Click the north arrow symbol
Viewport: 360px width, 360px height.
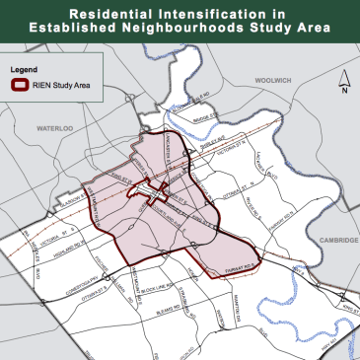point(342,87)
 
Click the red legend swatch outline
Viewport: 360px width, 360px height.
point(24,86)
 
